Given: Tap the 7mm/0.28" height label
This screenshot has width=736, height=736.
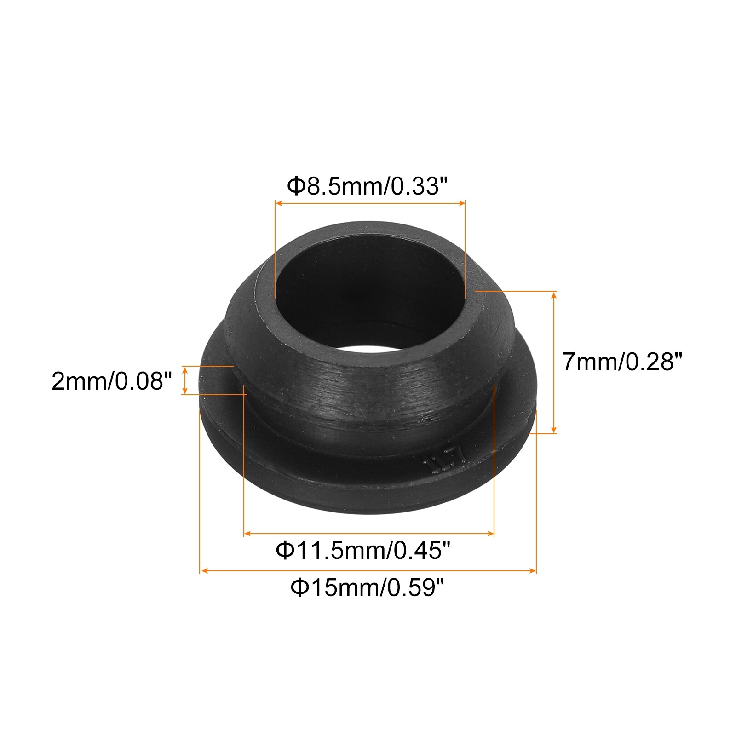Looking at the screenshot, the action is tap(621, 362).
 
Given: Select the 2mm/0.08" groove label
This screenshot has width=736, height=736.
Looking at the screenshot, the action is tap(112, 381).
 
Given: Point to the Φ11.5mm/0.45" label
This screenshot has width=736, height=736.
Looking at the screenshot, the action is tap(362, 550).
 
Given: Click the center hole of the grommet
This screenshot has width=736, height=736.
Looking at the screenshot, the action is tap(369, 294).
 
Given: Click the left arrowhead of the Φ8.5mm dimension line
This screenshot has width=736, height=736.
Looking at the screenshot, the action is tap(278, 203).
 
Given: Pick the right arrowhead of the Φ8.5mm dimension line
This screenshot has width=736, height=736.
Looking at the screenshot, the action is tap(462, 203).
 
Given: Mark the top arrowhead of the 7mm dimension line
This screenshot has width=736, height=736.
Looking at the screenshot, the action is tap(554, 294).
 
